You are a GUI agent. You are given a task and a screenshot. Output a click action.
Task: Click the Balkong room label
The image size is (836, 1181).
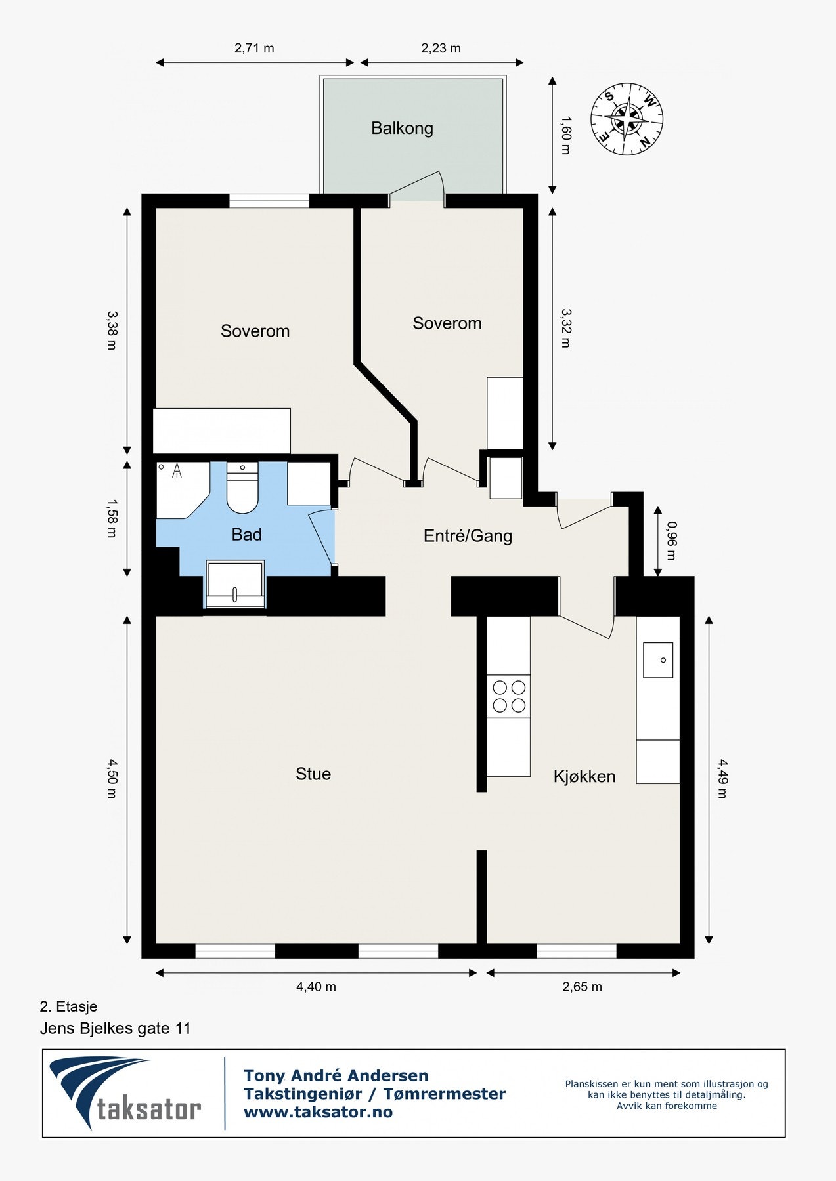pos(402,128)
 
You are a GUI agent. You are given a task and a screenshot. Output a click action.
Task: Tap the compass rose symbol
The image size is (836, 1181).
pos(627,119)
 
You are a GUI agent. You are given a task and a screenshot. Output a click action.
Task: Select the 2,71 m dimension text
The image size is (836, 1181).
pos(254,49)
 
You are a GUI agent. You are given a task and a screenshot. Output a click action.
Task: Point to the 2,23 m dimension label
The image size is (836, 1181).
pos(441,49)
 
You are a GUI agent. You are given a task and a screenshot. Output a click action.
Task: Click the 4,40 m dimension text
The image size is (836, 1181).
pos(316,987)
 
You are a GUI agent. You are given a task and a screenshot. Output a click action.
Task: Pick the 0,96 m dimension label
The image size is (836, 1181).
pos(671,541)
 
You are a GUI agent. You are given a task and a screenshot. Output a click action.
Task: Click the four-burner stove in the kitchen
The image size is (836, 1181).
pos(509,696)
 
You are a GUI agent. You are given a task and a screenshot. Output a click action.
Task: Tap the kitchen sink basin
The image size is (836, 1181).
pos(657,659)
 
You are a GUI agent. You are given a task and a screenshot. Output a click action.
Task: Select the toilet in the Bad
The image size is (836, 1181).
pos(242,489)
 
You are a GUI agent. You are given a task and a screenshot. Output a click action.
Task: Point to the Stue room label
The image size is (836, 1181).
pos(313,774)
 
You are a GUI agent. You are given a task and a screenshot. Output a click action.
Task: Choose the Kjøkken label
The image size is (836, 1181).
pos(584,777)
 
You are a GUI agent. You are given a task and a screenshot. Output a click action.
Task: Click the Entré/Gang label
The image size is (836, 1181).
pos(468,536)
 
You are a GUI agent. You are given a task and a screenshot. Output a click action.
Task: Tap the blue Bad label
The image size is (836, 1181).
pos(246,535)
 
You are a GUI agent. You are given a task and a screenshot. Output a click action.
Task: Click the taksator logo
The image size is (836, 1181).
pos(125,1093)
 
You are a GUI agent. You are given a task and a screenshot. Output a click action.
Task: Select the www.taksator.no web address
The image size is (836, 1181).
pos(318,1112)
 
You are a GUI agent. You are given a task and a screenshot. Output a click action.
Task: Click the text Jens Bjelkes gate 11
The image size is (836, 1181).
pos(115,1028)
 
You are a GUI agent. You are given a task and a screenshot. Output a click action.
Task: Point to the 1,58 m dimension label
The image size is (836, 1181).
pos(112,518)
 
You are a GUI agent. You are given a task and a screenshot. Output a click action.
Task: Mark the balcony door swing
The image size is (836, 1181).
pos(420,187)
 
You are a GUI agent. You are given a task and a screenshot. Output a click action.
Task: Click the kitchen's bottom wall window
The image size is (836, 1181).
pos(577,951)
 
